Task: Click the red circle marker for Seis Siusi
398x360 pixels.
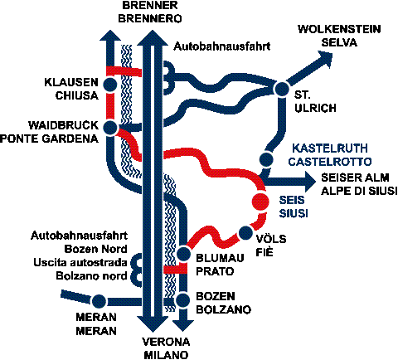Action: click(260, 201)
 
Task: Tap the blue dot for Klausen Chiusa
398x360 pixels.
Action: click(110, 85)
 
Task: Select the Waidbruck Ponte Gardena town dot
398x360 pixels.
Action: click(110, 128)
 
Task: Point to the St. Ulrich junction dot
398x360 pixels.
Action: click(281, 89)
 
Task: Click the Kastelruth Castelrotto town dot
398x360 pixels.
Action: click(266, 159)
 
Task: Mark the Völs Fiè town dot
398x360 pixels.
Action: click(245, 233)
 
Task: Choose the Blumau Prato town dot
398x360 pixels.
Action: click(183, 254)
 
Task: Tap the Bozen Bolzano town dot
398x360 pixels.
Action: click(182, 300)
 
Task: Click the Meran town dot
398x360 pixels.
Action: click(99, 301)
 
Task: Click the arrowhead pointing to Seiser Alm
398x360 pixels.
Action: click(310, 182)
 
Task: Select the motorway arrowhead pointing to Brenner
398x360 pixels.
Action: click(153, 38)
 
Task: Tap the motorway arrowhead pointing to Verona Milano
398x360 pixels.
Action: click(153, 324)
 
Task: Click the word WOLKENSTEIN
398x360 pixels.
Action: click(339, 29)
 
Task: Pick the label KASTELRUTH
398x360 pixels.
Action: click(330, 148)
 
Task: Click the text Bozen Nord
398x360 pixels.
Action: click(95, 249)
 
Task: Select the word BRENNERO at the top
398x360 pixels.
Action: click(150, 18)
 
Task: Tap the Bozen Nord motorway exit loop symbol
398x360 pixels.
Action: click(135, 270)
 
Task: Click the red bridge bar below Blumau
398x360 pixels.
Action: click(175, 270)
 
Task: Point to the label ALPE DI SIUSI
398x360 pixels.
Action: click(359, 191)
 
